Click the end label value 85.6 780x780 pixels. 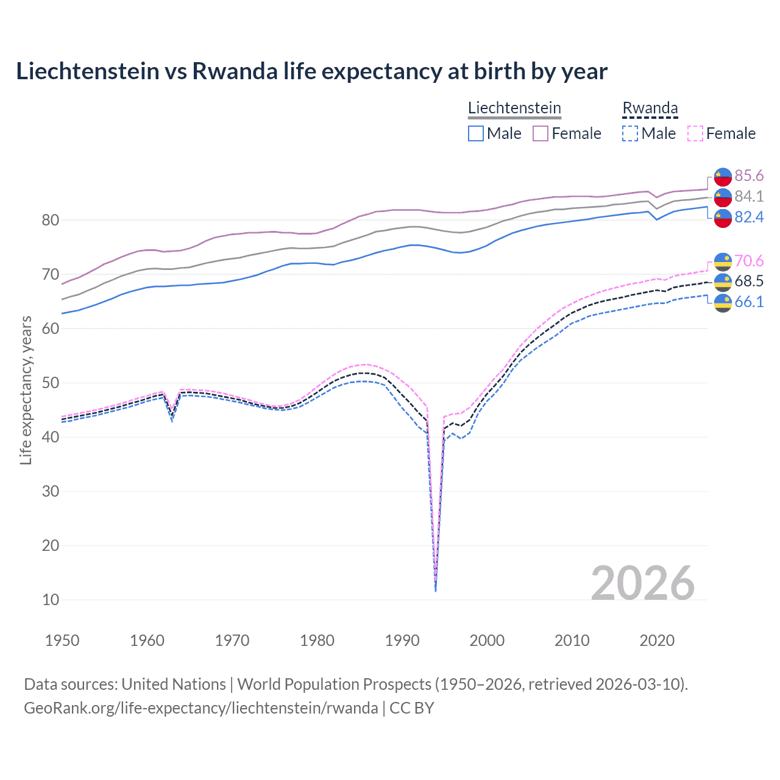point(748,176)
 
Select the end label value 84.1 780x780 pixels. point(748,197)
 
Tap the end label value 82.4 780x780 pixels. point(748,218)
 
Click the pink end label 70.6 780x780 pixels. point(748,261)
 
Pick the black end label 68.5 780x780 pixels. point(748,282)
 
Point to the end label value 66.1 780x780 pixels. point(748,302)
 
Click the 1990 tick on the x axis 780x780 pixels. point(402,640)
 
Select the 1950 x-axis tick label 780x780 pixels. point(62,640)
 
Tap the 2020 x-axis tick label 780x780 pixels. point(657,640)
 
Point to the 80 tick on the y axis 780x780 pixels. point(51,220)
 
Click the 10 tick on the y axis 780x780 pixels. point(51,600)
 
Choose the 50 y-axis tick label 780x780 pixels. point(51,383)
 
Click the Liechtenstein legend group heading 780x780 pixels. point(514,108)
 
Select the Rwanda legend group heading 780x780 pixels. point(650,108)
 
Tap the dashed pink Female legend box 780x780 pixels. point(695,133)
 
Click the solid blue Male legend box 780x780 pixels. point(476,133)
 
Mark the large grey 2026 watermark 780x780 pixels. point(642,583)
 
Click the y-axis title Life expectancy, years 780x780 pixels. point(26,391)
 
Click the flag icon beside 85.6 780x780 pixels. point(723,176)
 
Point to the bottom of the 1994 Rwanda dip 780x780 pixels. point(436,590)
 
